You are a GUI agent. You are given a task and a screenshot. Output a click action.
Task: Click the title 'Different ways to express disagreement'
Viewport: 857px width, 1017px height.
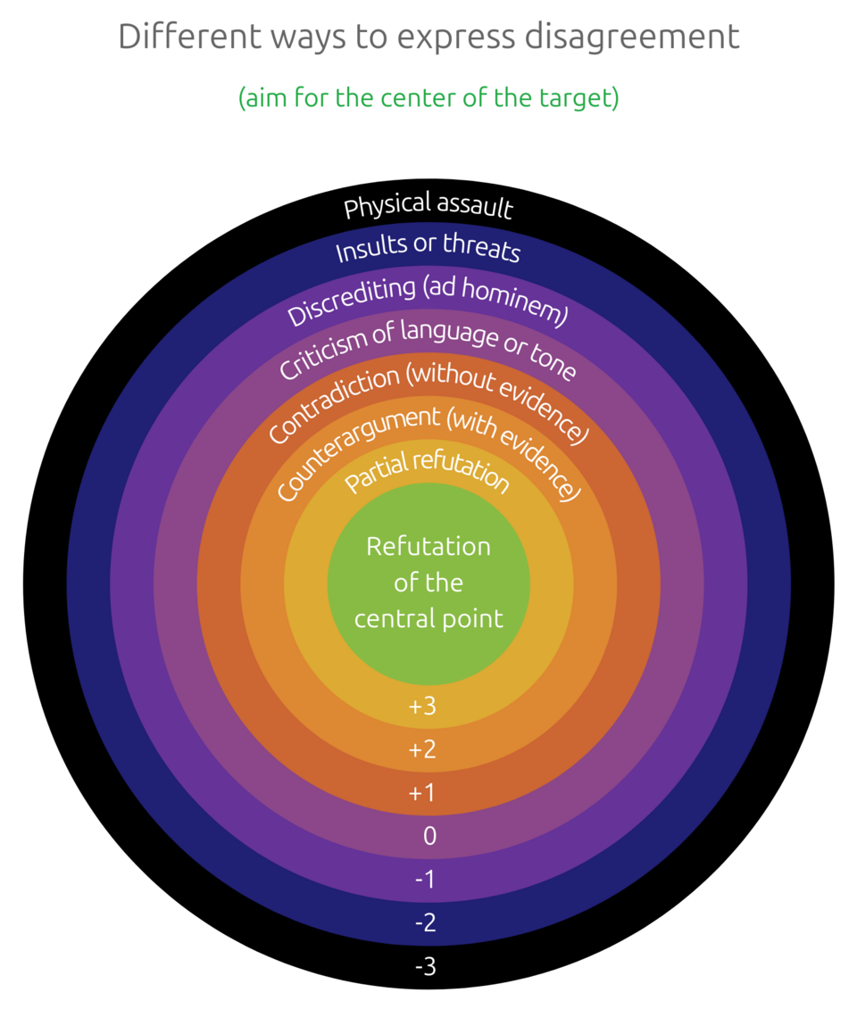pyautogui.click(x=428, y=37)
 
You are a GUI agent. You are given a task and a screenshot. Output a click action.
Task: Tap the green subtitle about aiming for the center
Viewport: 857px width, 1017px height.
pyautogui.click(x=428, y=97)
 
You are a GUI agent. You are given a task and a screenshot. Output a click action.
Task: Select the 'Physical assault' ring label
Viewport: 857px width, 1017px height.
pyautogui.click(x=428, y=205)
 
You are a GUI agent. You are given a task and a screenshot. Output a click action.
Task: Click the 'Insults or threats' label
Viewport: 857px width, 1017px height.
pyautogui.click(x=428, y=248)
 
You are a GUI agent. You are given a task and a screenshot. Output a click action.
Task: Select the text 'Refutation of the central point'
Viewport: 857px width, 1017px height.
pyautogui.click(x=428, y=583)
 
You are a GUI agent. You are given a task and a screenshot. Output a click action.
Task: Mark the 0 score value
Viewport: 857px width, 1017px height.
pyautogui.click(x=428, y=837)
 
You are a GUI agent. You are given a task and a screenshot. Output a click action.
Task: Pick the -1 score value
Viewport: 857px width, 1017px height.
pyautogui.click(x=425, y=880)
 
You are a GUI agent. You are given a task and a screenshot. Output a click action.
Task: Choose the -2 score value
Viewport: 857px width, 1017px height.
pyautogui.click(x=425, y=923)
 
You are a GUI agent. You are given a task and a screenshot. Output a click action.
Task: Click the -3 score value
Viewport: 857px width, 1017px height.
pyautogui.click(x=425, y=967)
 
